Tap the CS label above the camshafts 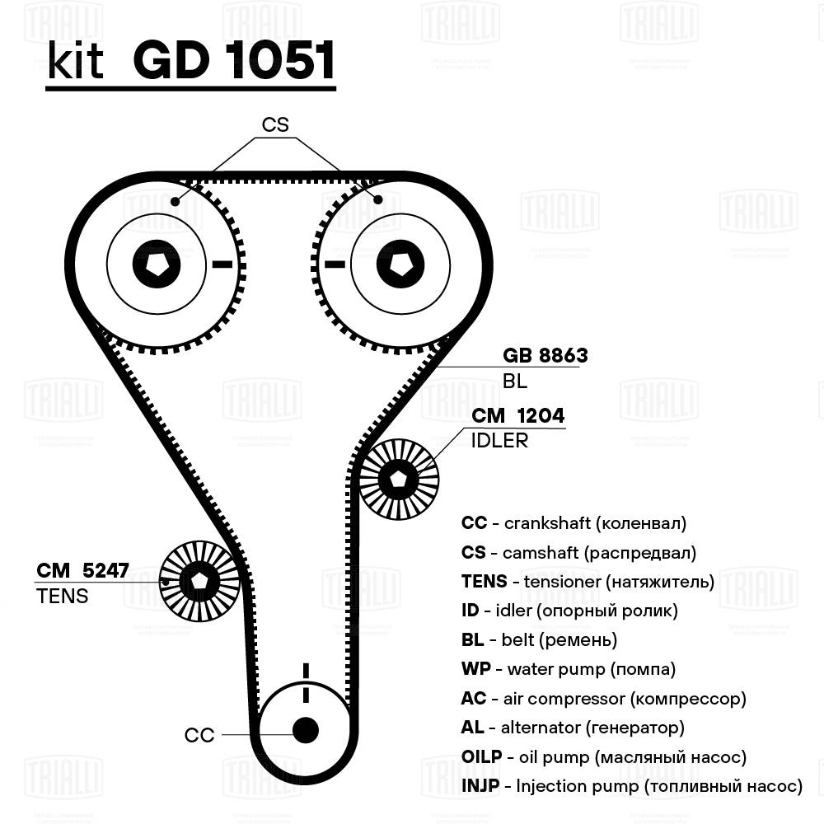point(275,124)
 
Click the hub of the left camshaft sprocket point(155,265)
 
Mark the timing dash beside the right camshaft point(334,265)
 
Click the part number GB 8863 point(545,355)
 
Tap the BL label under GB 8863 point(514,382)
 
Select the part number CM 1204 point(517,416)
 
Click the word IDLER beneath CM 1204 point(499,441)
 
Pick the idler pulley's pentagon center point(400,480)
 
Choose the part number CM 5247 point(82,570)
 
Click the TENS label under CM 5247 point(62,596)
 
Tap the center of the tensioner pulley point(199,581)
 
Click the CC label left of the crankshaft point(199,735)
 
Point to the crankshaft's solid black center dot point(306,729)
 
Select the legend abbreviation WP point(475,669)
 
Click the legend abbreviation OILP point(480,757)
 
